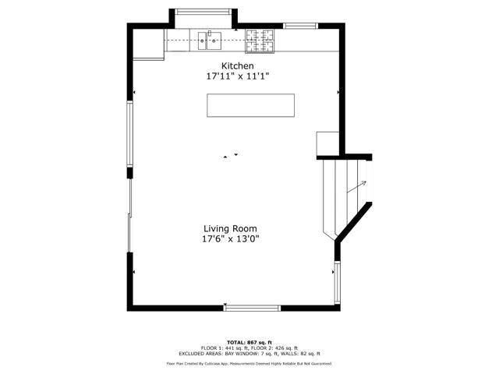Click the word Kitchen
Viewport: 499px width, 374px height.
pos(237,65)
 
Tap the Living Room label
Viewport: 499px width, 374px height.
pos(230,228)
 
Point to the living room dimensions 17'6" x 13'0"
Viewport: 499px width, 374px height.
pos(230,240)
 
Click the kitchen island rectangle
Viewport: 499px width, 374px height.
pos(250,105)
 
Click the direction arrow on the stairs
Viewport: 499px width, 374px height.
pos(361,184)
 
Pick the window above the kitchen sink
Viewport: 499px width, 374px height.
pos(203,12)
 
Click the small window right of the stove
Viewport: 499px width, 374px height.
pos(299,26)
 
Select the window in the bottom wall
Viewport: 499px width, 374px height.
pos(252,309)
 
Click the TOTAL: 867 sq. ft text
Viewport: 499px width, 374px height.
pos(249,342)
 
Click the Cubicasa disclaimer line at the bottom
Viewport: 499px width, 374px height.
pos(249,363)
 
